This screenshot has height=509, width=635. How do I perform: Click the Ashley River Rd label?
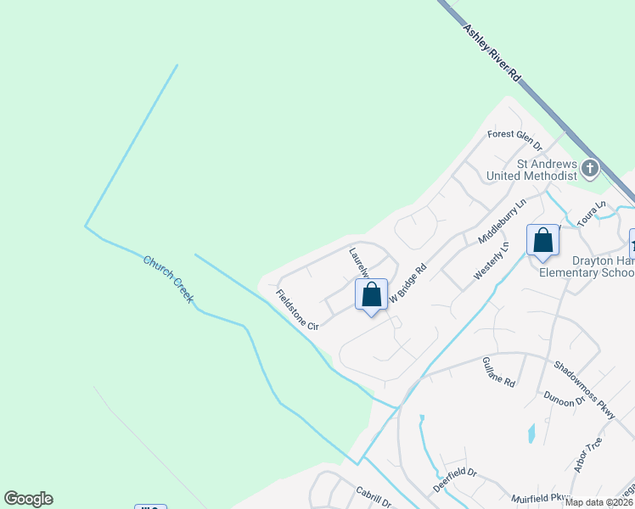coord(492,53)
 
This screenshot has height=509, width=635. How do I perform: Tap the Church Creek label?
coord(168,280)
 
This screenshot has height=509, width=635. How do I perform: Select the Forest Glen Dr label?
coord(514,134)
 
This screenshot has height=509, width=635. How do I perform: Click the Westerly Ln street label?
coord(491,261)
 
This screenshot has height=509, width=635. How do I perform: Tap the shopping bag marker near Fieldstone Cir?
coord(371,296)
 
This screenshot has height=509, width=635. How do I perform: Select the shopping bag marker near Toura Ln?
coord(542,240)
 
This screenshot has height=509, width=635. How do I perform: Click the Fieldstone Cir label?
coord(296,310)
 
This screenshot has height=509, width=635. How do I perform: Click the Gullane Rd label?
coord(498,372)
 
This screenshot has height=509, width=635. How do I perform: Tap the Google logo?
coord(28,499)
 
